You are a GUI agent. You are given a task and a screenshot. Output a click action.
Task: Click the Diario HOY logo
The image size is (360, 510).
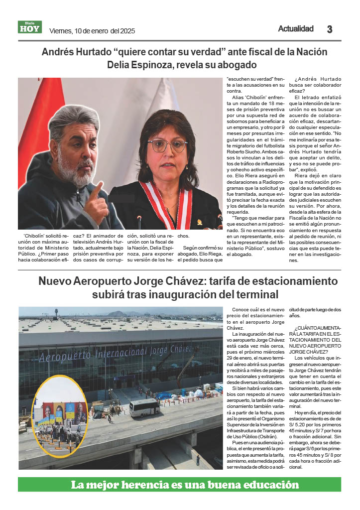(x=30, y=27)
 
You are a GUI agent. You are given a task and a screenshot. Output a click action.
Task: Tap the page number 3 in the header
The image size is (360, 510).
(x=330, y=29)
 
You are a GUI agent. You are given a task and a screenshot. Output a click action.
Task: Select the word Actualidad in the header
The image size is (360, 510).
(x=296, y=29)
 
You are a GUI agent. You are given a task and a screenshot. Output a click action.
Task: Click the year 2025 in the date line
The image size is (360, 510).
(x=128, y=31)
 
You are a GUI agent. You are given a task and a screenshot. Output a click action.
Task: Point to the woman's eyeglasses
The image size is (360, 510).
(x=167, y=145)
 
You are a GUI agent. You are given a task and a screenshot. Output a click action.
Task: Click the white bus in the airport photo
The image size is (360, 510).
(x=144, y=407)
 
